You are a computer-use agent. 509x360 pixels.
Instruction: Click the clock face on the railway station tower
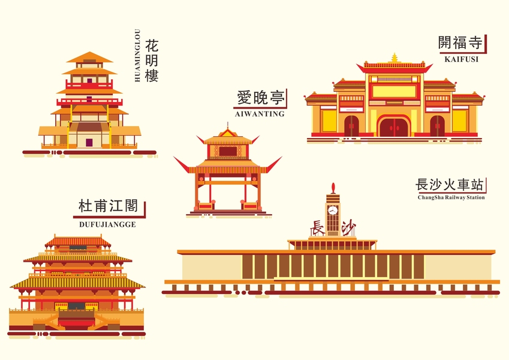[333, 211]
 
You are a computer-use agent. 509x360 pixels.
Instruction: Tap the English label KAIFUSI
[461, 59]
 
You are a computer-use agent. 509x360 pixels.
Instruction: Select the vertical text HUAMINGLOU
[137, 55]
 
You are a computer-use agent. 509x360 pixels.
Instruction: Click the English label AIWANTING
[260, 113]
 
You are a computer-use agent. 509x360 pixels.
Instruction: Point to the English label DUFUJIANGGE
[107, 225]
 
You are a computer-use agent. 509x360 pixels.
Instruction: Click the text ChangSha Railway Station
[451, 197]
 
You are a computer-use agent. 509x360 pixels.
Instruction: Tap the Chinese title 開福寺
[460, 43]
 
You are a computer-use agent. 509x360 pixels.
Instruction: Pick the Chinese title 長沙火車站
[450, 184]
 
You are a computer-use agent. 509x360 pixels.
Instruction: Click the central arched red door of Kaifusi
[394, 127]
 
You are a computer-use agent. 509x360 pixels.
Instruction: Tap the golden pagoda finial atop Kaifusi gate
[394, 58]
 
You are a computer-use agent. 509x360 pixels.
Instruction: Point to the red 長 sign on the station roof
[317, 229]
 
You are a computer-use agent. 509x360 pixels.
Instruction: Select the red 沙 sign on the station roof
[348, 228]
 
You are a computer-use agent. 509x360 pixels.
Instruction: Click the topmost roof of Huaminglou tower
[89, 58]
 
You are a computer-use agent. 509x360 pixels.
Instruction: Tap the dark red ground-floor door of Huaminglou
[89, 142]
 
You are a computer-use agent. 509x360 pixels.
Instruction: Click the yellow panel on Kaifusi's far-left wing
[329, 120]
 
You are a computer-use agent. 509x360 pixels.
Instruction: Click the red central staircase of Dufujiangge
[76, 323]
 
